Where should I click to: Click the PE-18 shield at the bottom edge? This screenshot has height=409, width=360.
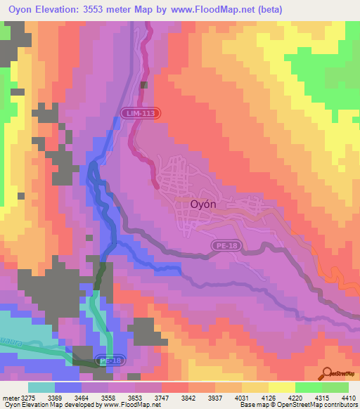109,361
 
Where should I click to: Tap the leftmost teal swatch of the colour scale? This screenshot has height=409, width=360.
41,387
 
